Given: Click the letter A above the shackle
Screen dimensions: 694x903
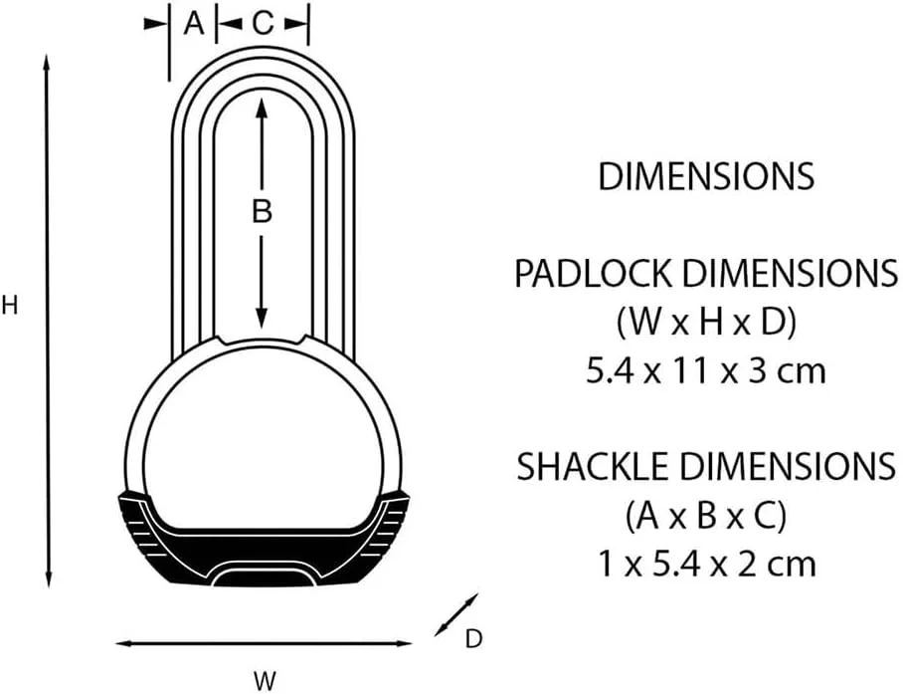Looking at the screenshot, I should pyautogui.click(x=194, y=25).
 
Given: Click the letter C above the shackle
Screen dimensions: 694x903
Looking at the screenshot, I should pyautogui.click(x=262, y=25).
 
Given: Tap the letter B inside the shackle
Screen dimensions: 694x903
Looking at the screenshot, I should pyautogui.click(x=262, y=211).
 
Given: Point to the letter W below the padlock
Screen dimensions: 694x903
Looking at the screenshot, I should pyautogui.click(x=264, y=681).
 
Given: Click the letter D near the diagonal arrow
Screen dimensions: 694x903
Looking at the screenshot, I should pyautogui.click(x=473, y=639).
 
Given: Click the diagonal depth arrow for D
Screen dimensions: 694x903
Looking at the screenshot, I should pyautogui.click(x=457, y=614).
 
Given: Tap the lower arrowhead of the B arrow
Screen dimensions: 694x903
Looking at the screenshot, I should pyautogui.click(x=262, y=321).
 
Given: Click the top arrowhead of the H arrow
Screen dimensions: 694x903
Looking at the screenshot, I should pyautogui.click(x=48, y=62).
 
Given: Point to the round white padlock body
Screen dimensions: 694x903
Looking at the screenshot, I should pyautogui.click(x=263, y=428).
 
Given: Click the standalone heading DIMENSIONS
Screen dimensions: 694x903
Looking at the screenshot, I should pyautogui.click(x=705, y=176).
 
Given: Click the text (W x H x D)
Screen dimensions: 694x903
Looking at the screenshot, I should pyautogui.click(x=705, y=322).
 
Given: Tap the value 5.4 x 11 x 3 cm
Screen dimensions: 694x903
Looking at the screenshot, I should pyautogui.click(x=705, y=371).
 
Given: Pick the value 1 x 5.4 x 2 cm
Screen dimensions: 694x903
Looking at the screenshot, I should pyautogui.click(x=705, y=564).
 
